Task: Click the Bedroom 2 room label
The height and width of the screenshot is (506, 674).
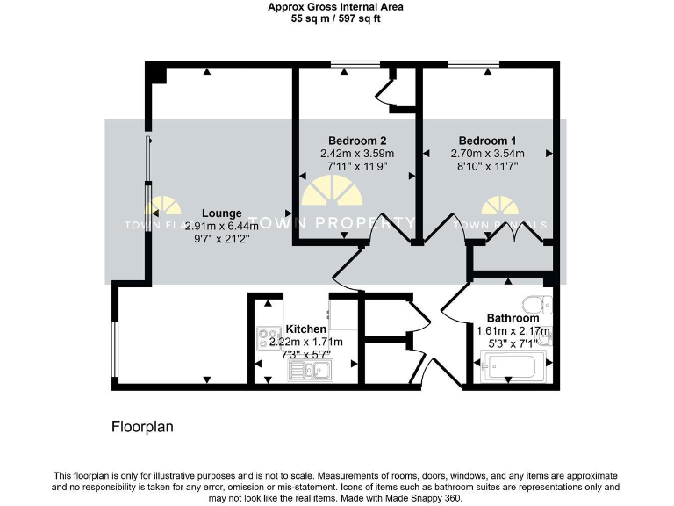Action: click(357, 141)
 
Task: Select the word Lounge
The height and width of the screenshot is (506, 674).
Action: click(217, 213)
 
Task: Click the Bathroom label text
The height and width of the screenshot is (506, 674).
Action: click(513, 318)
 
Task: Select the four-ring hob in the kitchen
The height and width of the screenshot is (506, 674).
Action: click(267, 334)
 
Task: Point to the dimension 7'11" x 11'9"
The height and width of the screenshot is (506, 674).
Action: click(356, 165)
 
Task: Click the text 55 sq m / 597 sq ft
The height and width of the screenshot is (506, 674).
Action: click(336, 18)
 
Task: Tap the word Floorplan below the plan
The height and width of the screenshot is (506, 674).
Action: click(142, 428)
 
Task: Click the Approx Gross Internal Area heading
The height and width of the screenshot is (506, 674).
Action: click(336, 6)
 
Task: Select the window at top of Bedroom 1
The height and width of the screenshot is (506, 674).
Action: click(473, 64)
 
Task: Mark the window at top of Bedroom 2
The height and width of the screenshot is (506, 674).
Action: click(355, 64)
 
